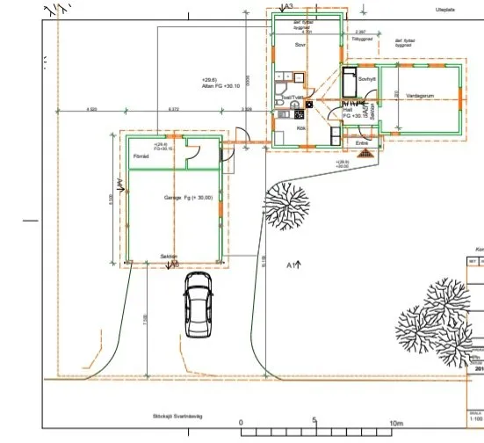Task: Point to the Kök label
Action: (300, 128)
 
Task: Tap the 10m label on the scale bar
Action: (395, 421)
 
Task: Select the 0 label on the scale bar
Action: (242, 421)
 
